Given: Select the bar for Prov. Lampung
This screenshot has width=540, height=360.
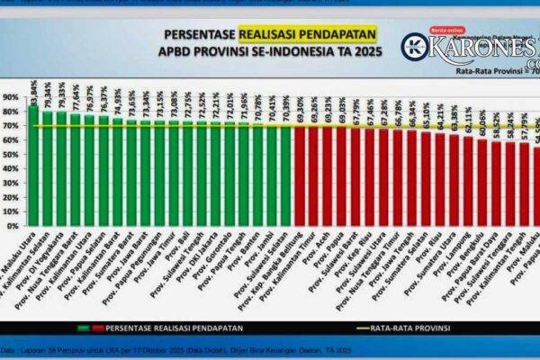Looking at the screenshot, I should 468,181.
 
